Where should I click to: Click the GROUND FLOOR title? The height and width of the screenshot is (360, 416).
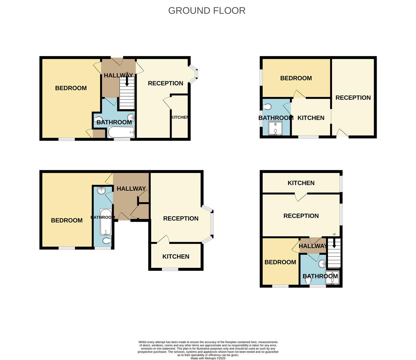[x=207, y=11]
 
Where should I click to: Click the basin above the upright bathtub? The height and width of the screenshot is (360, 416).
[x=101, y=191]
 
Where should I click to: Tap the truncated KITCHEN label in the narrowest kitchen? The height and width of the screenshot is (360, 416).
[x=179, y=117]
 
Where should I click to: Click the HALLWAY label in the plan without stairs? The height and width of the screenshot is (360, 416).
[x=131, y=189]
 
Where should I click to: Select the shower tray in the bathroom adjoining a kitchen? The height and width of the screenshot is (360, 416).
[x=275, y=128]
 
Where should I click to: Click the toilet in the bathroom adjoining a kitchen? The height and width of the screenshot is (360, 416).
[x=267, y=107]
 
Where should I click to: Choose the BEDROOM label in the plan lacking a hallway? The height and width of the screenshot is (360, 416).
[x=296, y=78]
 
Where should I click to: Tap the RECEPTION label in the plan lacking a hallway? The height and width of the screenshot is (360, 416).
[x=353, y=98]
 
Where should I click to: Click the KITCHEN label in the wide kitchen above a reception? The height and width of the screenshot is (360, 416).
[x=301, y=183]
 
